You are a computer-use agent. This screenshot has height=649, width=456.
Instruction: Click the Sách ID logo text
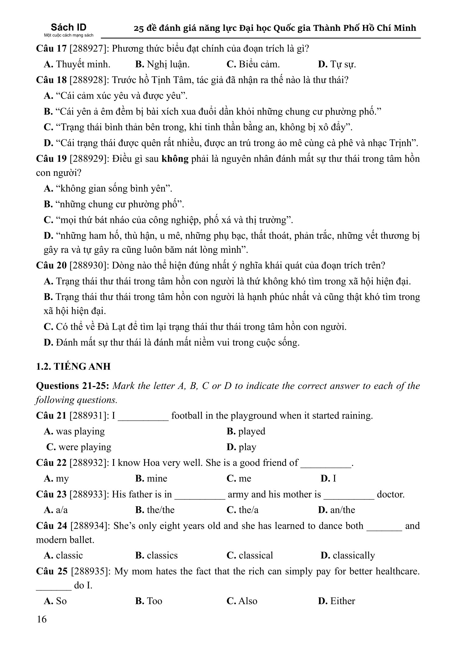[69, 27]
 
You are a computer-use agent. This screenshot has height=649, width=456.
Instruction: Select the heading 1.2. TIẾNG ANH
[73, 366]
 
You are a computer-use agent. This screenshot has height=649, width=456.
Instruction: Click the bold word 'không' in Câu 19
[175, 159]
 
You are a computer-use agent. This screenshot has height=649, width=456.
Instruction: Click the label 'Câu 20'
[51, 265]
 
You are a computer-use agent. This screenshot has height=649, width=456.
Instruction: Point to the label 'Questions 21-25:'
[73, 386]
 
